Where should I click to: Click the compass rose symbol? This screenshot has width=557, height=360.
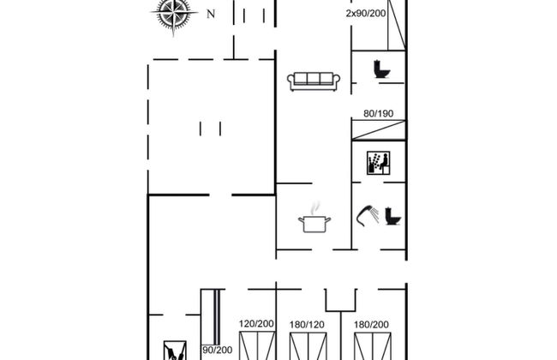pyautogui.click(x=175, y=15)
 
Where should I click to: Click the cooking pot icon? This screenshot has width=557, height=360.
pyautogui.click(x=314, y=224)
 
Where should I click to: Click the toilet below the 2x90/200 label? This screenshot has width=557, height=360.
pyautogui.click(x=381, y=69)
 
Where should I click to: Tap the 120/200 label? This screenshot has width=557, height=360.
pyautogui.click(x=256, y=325)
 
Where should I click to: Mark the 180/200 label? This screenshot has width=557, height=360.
pyautogui.click(x=372, y=325)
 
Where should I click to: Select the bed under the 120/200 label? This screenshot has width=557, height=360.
pyautogui.click(x=256, y=347)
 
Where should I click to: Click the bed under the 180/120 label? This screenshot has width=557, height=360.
pyautogui.click(x=308, y=347)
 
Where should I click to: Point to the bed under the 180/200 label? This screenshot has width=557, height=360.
pyautogui.click(x=372, y=347)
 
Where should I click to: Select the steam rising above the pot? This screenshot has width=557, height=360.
pyautogui.click(x=316, y=207)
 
